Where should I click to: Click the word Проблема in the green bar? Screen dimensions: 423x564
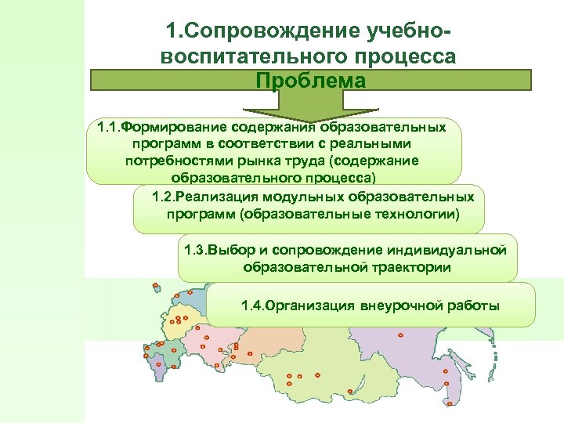(x=310, y=81)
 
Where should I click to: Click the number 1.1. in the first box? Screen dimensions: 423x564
(x=108, y=126)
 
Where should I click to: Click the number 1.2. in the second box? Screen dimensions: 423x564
(x=164, y=197)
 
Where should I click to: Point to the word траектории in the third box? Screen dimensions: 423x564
(x=411, y=267)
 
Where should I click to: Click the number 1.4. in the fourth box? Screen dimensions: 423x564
(x=252, y=305)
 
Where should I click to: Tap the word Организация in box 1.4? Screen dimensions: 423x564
(x=310, y=305)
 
